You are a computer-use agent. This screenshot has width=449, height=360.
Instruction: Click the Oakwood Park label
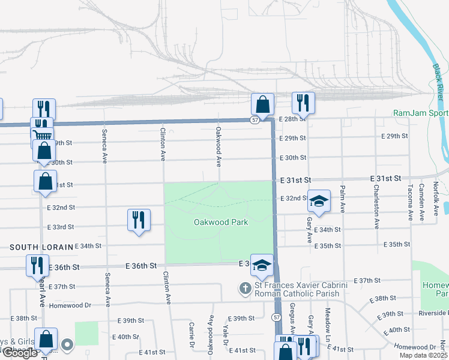click(220, 222)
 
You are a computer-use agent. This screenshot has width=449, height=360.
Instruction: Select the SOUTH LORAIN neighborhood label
click(41, 247)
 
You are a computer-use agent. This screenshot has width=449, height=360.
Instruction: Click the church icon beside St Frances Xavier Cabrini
click(244, 289)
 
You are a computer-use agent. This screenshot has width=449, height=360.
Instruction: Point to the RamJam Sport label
click(420, 113)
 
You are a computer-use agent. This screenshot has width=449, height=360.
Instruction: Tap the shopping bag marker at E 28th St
click(262, 105)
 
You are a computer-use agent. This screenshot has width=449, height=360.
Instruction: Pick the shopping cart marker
click(41, 134)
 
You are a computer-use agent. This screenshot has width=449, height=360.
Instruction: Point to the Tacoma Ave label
click(411, 202)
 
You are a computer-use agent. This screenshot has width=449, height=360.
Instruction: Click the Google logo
click(20, 353)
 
